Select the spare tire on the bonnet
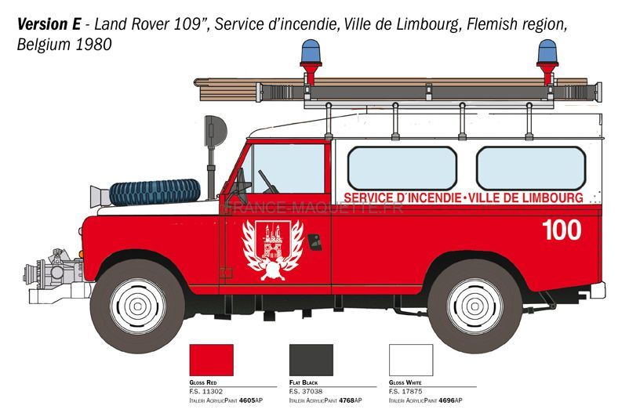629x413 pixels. point(155,193)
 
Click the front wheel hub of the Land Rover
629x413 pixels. point(137,306)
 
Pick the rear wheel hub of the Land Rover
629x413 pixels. point(475,306)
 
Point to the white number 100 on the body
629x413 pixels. point(562,230)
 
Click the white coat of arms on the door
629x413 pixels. point(272,250)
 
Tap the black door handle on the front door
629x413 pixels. point(315,242)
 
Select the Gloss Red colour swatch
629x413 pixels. point(212,360)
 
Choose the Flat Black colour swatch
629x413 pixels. point(311,360)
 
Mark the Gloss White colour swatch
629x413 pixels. point(411,360)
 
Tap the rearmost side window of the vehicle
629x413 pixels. point(531,168)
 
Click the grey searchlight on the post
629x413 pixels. point(215,131)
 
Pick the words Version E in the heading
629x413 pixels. point(49,24)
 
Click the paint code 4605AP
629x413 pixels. point(251,400)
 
